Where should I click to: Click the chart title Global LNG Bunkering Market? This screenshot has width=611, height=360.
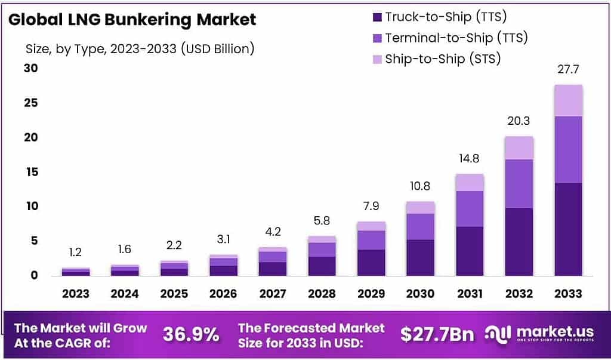click(x=132, y=19)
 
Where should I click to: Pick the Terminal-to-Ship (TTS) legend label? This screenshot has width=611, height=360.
click(x=456, y=38)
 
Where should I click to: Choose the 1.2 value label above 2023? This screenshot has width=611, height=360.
click(x=76, y=253)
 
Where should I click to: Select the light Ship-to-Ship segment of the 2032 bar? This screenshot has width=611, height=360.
click(x=518, y=148)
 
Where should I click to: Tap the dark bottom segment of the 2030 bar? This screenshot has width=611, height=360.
click(x=419, y=257)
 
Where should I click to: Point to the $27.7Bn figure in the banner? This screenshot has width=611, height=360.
click(x=437, y=334)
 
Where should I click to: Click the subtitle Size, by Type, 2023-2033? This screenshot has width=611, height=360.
click(x=140, y=49)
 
